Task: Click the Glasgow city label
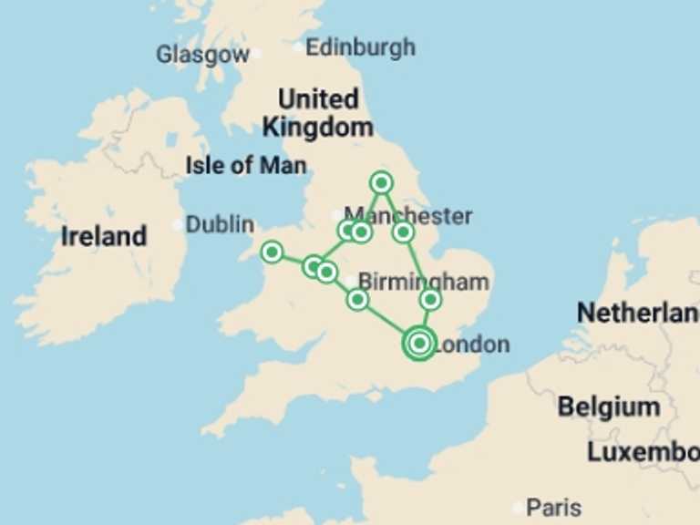point(202,55)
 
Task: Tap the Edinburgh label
point(360,46)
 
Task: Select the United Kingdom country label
point(318,113)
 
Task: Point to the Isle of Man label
point(246,166)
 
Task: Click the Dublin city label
point(220,224)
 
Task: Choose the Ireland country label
point(104,237)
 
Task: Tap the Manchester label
point(408,216)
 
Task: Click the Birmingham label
point(424,281)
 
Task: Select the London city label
point(471,345)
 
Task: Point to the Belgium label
point(609,407)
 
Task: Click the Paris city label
point(553,508)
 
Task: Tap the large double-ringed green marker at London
point(418,343)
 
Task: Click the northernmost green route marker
point(382,182)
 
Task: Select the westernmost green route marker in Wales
point(272,252)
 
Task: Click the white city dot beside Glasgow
point(256,54)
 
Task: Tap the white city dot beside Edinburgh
point(299,46)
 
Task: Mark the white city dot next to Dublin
point(179,224)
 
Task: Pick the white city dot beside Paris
point(519,508)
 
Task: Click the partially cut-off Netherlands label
point(637,314)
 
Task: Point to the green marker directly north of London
point(431,299)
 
